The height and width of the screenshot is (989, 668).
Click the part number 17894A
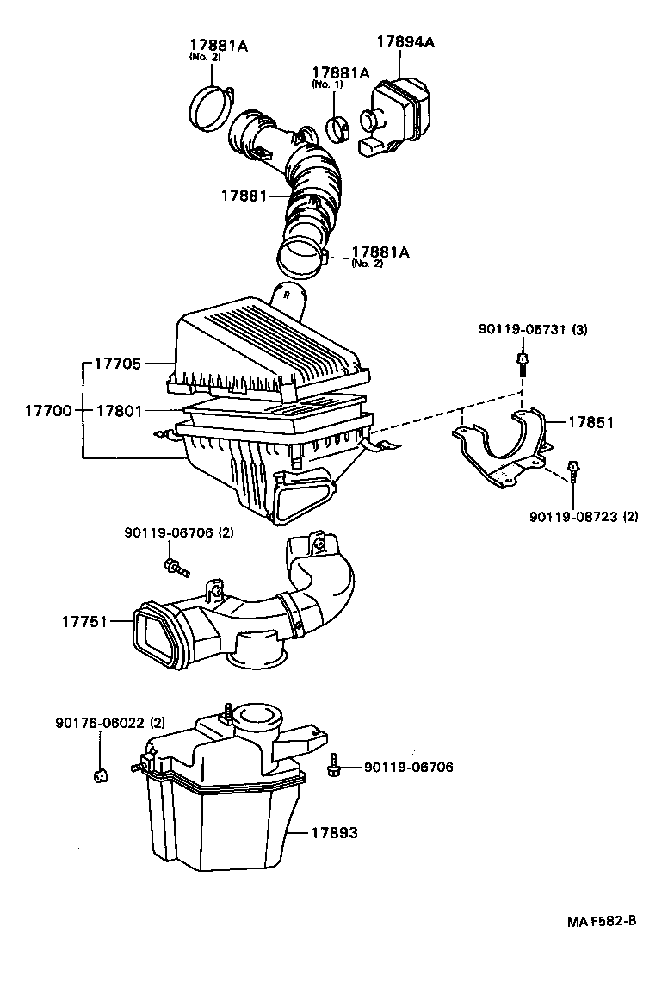(405, 40)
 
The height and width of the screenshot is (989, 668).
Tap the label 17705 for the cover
(117, 364)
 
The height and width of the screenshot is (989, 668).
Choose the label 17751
(83, 620)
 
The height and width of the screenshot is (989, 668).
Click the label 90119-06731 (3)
(533, 330)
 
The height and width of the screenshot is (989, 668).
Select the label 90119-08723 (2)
(584, 517)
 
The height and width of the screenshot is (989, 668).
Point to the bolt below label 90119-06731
(522, 363)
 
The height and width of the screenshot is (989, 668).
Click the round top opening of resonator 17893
(257, 714)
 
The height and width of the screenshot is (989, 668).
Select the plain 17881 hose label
(244, 196)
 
